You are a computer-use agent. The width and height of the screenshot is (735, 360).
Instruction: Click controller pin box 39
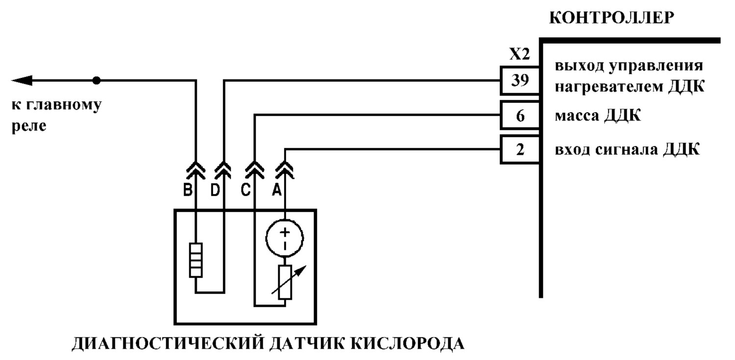click(x=520, y=80)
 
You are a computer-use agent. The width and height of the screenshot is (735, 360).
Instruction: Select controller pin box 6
click(x=520, y=116)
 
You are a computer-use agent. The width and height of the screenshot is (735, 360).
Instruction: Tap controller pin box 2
click(x=520, y=149)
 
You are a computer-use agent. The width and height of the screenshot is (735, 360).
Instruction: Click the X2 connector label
click(x=519, y=54)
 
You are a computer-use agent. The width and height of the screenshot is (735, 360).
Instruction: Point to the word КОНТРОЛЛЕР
click(x=612, y=18)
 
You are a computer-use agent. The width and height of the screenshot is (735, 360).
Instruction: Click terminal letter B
click(x=188, y=190)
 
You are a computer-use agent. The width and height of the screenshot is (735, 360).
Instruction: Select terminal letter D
click(x=215, y=190)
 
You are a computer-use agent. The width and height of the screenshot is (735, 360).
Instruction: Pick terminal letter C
click(x=245, y=190)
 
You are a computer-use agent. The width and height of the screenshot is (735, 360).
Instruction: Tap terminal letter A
click(x=277, y=190)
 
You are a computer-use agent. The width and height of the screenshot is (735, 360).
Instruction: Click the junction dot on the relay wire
click(x=96, y=80)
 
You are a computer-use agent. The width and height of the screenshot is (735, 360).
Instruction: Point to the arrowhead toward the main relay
click(x=22, y=80)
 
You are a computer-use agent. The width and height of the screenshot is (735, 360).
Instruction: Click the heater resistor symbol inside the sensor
click(x=196, y=260)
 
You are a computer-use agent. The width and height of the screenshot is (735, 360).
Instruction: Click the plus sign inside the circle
click(x=285, y=232)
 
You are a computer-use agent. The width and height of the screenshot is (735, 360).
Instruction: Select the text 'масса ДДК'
click(x=597, y=116)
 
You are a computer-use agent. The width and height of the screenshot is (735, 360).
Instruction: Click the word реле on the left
click(x=29, y=126)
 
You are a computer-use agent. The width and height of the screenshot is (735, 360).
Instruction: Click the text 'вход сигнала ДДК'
click(x=627, y=149)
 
